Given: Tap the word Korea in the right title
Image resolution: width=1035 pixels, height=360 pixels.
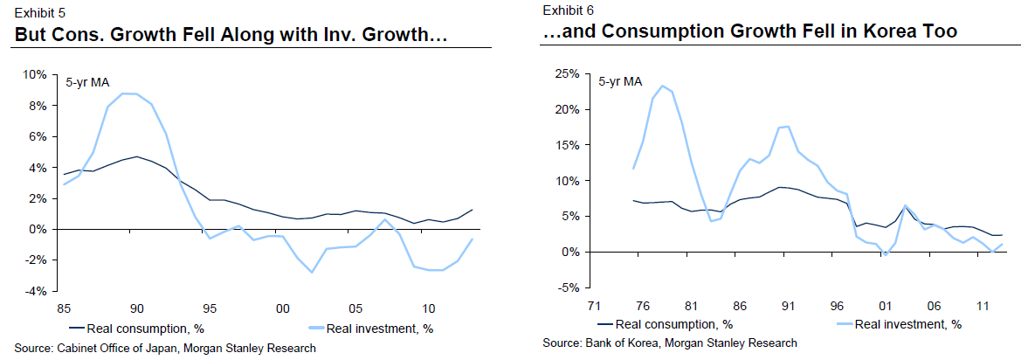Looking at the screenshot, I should [885, 32].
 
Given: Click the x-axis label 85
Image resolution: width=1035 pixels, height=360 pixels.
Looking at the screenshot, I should [64, 308].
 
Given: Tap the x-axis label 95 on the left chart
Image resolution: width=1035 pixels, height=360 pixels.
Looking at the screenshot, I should [210, 308].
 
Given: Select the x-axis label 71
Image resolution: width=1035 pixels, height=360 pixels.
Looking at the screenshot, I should [593, 307].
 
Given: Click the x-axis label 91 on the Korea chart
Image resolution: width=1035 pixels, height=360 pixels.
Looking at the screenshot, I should [787, 307].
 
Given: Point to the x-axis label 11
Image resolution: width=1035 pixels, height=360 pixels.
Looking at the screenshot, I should [982, 307].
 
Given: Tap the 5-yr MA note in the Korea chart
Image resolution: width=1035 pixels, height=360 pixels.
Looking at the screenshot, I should [620, 82].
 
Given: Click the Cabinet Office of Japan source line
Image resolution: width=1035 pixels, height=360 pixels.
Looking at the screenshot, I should [165, 348].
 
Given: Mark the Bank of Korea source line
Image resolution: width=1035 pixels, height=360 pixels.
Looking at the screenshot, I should [670, 343].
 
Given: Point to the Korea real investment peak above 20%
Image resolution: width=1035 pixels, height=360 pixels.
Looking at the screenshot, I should [662, 86].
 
